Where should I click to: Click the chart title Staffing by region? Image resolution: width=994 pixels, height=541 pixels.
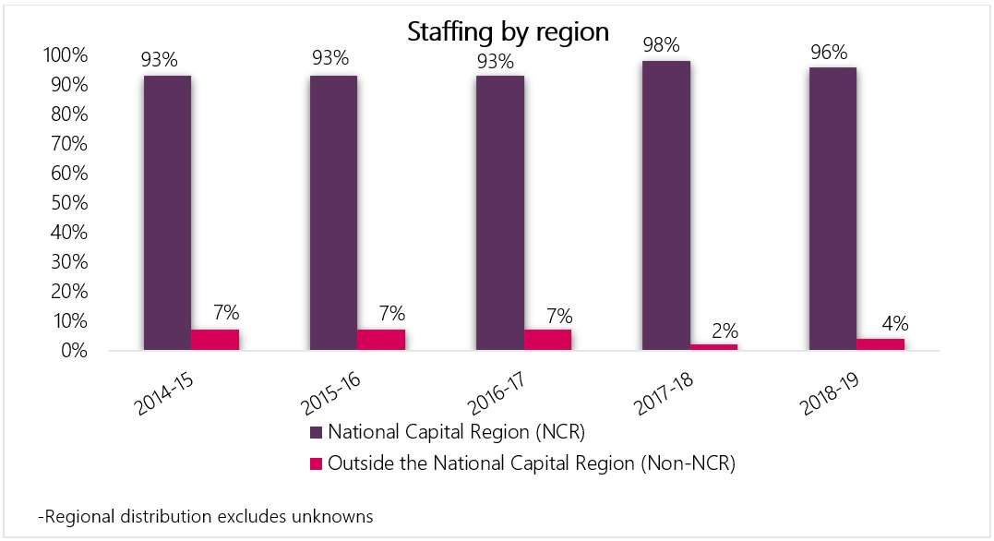click(509, 32)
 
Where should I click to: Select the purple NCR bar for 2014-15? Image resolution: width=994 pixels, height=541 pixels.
click(167, 213)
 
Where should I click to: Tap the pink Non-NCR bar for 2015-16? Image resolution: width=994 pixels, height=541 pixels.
click(381, 340)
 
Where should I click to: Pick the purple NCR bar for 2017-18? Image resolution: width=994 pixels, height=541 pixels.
click(666, 206)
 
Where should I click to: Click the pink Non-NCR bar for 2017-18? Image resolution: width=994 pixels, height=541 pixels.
click(714, 347)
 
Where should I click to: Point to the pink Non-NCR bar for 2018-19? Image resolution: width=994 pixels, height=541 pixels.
click(880, 344)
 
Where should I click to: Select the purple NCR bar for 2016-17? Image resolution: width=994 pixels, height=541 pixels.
click(500, 213)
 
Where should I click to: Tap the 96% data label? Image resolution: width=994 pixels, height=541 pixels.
click(829, 52)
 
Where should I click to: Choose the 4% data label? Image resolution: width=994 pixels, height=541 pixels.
click(892, 324)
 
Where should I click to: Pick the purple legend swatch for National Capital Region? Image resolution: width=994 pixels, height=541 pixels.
click(315, 432)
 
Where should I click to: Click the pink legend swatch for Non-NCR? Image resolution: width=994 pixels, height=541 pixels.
click(315, 463)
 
